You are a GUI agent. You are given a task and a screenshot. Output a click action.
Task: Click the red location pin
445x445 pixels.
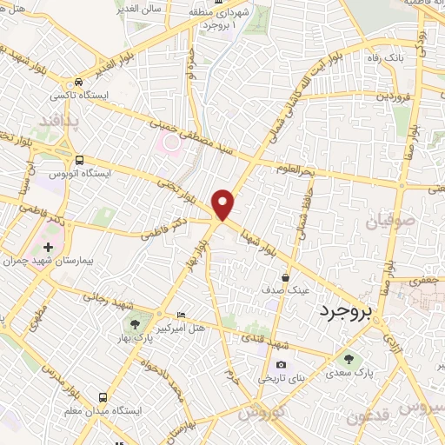pos(223,204)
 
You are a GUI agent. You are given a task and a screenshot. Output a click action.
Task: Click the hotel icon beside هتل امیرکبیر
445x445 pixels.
pos(181,314)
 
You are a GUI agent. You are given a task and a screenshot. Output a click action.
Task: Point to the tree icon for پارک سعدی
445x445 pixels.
pos(349,360)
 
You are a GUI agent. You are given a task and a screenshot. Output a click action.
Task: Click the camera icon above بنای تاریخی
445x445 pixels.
pos(280,365)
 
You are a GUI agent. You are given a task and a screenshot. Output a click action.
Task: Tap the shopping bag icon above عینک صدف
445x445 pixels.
pos(285,277)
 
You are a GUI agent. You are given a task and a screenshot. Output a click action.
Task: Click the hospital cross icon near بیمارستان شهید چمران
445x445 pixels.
pos(48,249)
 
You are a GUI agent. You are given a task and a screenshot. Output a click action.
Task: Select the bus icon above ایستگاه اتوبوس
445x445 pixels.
pos(79,161)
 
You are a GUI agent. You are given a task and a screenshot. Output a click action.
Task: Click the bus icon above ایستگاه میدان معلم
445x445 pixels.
pos(103,395)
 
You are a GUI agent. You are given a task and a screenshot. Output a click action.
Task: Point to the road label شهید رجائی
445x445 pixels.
pos(105,297)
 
